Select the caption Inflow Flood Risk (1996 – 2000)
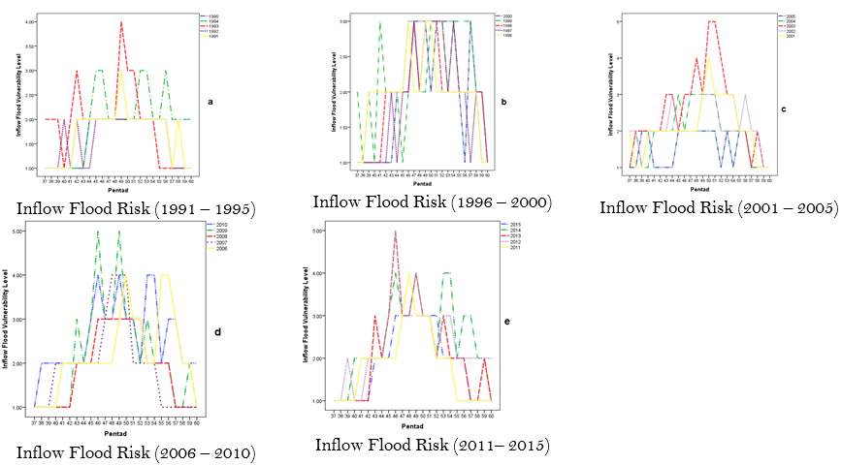click(x=433, y=202)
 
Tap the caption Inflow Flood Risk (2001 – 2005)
click(x=719, y=206)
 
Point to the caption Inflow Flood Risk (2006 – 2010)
click(x=136, y=452)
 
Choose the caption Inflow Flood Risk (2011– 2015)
click(x=433, y=446)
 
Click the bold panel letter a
click(x=210, y=100)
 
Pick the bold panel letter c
click(x=784, y=108)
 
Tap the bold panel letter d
click(x=217, y=332)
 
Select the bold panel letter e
click(x=506, y=320)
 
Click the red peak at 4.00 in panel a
click(x=121, y=21)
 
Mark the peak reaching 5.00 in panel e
click(x=395, y=232)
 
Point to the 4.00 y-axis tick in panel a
click(x=32, y=21)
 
